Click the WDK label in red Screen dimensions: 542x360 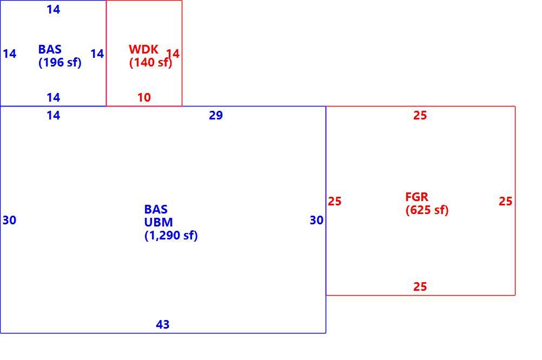pyautogui.click(x=143, y=49)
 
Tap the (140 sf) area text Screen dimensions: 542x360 pyautogui.click(x=151, y=63)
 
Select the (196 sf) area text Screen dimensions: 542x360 pyautogui.click(x=60, y=63)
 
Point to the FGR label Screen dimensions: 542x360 pyautogui.click(x=417, y=197)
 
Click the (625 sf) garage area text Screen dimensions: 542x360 pyautogui.click(x=427, y=210)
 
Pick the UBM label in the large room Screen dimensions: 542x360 pyautogui.click(x=158, y=222)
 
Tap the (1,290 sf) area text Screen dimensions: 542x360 pyautogui.click(x=171, y=236)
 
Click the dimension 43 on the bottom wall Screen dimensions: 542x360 pyautogui.click(x=163, y=324)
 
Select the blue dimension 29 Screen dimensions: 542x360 pyautogui.click(x=216, y=115)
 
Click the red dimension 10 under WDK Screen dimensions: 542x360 pyautogui.click(x=144, y=97)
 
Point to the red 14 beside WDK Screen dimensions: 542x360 pyautogui.click(x=173, y=54)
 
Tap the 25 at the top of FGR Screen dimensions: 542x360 pyautogui.click(x=420, y=115)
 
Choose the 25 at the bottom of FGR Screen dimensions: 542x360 pyautogui.click(x=420, y=286)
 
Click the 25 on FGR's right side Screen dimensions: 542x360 pyautogui.click(x=505, y=201)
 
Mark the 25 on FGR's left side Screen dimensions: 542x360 pyautogui.click(x=335, y=201)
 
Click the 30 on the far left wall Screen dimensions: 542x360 pyautogui.click(x=9, y=220)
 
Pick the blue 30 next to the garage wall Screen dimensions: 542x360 pyautogui.click(x=316, y=220)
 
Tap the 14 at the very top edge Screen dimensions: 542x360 pyautogui.click(x=53, y=9)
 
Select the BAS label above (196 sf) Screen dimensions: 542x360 pyautogui.click(x=50, y=49)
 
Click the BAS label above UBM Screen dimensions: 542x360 pyautogui.click(x=156, y=209)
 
